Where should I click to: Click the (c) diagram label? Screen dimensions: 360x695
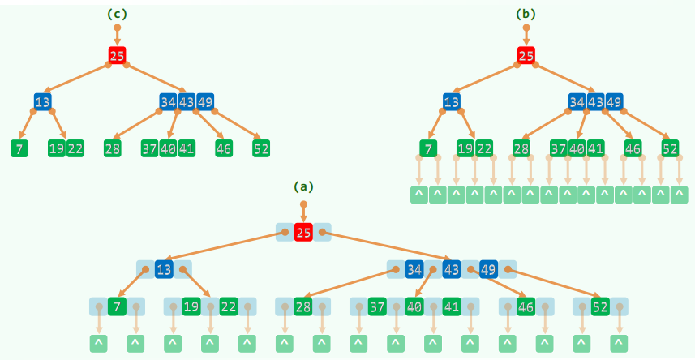(x=117, y=14)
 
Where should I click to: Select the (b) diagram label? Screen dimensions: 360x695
(x=526, y=14)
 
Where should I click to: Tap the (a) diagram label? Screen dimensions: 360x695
(x=303, y=186)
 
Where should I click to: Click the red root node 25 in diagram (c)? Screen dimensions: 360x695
(x=117, y=56)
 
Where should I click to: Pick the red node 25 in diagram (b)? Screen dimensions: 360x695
(x=526, y=56)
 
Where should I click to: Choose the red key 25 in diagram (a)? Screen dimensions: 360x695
(x=303, y=233)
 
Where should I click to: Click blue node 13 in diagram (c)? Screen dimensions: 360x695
(x=43, y=102)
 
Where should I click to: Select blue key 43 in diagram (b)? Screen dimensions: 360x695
(x=595, y=102)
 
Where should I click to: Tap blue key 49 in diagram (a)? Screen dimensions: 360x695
(x=489, y=268)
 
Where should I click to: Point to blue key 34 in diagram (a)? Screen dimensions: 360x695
(x=414, y=268)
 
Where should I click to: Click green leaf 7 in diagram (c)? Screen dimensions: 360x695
(x=19, y=148)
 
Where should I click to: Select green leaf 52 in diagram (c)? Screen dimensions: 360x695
(x=261, y=148)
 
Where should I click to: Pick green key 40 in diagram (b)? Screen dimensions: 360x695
(x=577, y=148)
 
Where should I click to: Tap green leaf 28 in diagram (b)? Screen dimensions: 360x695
(x=521, y=148)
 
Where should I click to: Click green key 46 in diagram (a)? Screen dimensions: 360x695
(x=526, y=306)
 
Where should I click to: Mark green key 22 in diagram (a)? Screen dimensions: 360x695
(x=229, y=306)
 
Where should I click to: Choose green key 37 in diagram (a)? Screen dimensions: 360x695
(x=377, y=306)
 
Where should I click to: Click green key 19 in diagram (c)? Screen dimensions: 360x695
(x=56, y=148)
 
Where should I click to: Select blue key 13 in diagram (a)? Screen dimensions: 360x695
(x=165, y=268)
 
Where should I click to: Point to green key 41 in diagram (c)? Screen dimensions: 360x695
(x=187, y=148)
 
